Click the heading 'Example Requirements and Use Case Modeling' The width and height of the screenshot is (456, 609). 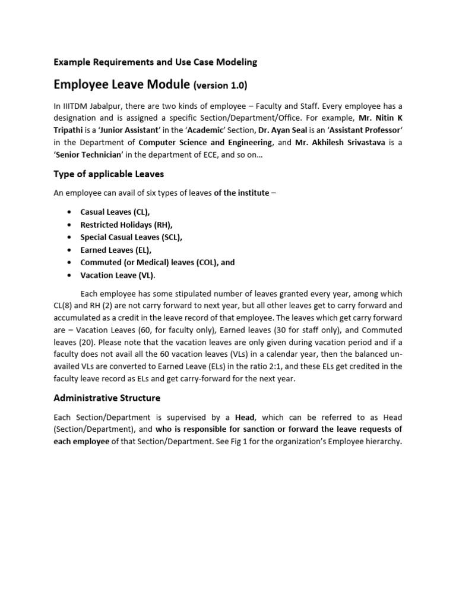tap(156, 61)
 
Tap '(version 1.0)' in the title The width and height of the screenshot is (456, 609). tap(220, 86)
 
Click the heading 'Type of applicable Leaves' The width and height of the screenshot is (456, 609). tap(109, 174)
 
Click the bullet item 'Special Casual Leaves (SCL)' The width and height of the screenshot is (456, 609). tap(131, 237)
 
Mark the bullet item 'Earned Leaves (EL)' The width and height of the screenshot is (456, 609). tap(116, 250)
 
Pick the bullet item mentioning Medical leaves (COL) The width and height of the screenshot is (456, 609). tap(157, 262)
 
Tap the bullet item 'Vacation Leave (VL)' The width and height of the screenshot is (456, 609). tap(118, 275)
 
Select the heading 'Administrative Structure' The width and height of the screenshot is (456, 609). tap(107, 397)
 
